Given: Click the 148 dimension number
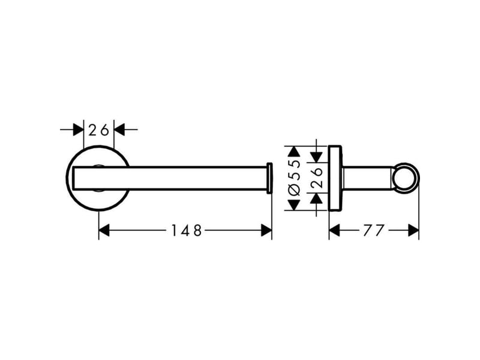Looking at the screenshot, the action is point(186,230).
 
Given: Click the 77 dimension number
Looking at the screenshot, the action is point(373,230).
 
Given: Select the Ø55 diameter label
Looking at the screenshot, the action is point(294,178).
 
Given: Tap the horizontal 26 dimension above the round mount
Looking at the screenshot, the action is point(98,130).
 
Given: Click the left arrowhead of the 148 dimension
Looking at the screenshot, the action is point(104,230).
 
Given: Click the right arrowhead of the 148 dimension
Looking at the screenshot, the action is point(266,230).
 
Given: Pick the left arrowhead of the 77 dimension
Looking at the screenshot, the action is point(334,230).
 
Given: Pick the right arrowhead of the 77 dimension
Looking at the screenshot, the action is point(413,230).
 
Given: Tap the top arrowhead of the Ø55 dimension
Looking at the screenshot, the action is point(294,152).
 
